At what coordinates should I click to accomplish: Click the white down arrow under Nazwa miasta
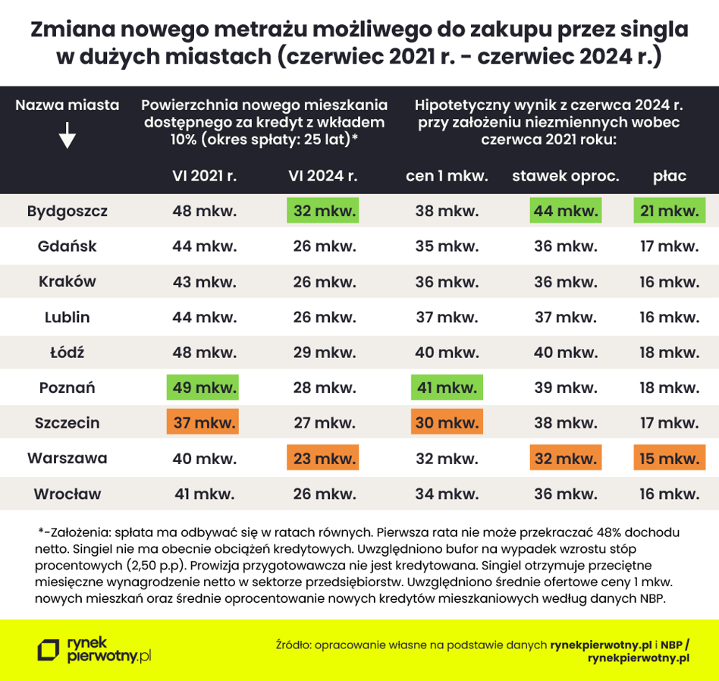point(67,137)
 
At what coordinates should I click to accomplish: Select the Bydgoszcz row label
point(67,211)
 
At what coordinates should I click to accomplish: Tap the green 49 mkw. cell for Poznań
point(204,388)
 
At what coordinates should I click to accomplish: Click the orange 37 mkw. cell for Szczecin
point(204,422)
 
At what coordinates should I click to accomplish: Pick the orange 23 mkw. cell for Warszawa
point(323,458)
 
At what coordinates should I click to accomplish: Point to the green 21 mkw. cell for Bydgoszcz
point(670,211)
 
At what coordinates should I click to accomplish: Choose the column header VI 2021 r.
point(204,176)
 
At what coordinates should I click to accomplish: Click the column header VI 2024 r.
point(323,176)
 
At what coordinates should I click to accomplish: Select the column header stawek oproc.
point(566,176)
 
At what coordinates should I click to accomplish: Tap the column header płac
point(670,176)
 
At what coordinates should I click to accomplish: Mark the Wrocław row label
point(67,494)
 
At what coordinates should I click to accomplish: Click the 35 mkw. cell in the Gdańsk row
point(447,246)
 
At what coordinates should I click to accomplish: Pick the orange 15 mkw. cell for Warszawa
point(670,458)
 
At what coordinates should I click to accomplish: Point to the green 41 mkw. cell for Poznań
point(447,388)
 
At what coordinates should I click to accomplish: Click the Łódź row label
point(67,353)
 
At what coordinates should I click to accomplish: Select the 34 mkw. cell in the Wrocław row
point(447,494)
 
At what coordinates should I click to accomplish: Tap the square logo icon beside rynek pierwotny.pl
point(49,649)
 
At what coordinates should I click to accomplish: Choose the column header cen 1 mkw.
point(447,176)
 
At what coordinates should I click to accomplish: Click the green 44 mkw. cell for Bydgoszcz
point(566,211)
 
